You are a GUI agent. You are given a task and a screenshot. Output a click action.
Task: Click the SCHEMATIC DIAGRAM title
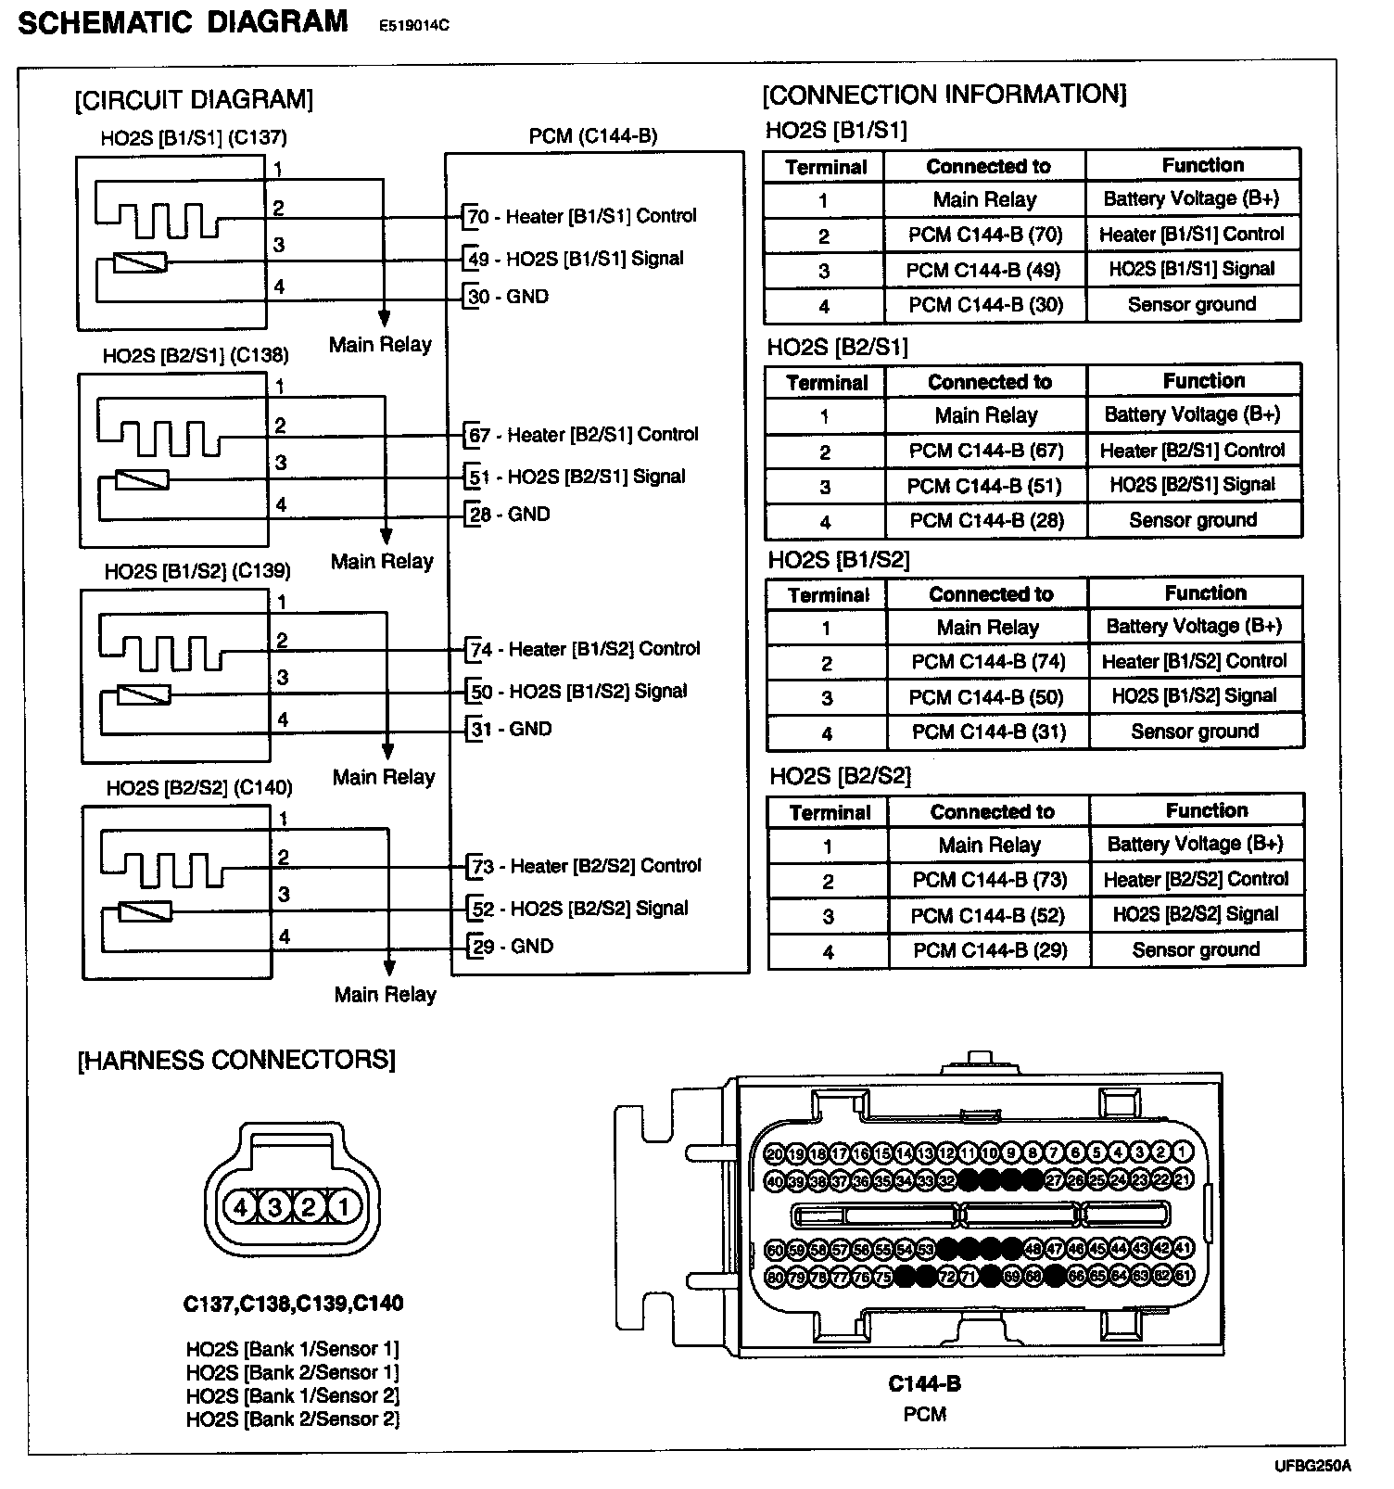184,22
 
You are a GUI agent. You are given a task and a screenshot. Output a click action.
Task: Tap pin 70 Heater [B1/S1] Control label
581,217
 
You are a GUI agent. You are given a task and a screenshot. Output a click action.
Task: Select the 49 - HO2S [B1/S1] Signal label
576,259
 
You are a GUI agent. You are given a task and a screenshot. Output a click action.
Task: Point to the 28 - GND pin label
510,515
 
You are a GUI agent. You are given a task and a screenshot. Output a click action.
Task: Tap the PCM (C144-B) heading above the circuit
593,136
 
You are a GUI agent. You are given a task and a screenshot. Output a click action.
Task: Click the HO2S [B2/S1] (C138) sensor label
196,355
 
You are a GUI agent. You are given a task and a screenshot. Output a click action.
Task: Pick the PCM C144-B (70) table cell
985,235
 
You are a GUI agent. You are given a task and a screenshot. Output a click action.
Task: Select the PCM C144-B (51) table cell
985,486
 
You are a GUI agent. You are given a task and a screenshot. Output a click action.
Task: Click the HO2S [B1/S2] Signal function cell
1195,696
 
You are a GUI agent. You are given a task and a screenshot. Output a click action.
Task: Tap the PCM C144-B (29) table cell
990,950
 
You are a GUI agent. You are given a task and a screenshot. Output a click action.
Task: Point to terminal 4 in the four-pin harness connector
241,1207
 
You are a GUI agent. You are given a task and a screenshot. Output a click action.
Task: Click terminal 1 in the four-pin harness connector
344,1207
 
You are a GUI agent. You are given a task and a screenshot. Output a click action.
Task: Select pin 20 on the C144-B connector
776,1154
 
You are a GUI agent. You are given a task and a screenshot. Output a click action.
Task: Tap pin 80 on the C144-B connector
776,1278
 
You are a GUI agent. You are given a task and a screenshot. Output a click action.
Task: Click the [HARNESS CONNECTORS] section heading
236,1060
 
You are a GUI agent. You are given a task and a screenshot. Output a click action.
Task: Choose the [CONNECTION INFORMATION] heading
944,95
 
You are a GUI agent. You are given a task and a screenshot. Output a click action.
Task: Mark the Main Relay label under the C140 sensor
386,995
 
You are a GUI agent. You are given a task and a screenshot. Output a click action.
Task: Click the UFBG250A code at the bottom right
1312,1467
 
